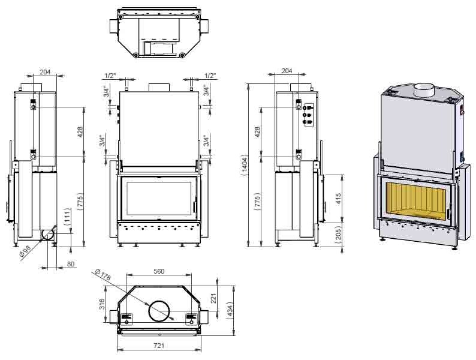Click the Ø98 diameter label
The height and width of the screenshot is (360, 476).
(x=26, y=252)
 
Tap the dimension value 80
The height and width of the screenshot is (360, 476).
(x=70, y=264)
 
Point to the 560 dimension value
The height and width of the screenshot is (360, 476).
(x=159, y=271)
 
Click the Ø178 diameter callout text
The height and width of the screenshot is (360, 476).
(x=103, y=275)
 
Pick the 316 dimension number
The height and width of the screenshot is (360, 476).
(x=102, y=304)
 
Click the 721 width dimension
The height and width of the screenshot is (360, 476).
(x=159, y=346)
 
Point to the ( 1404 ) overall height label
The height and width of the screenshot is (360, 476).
(x=245, y=166)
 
